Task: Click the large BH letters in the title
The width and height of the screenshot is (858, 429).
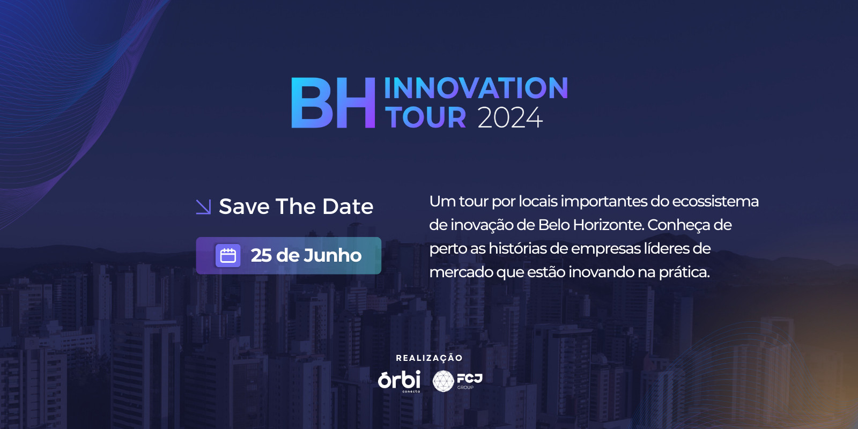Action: tap(333, 102)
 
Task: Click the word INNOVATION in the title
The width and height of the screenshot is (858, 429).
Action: tap(476, 88)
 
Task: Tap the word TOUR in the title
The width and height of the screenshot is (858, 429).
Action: tap(425, 117)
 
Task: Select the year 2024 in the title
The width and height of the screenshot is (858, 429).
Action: tap(510, 117)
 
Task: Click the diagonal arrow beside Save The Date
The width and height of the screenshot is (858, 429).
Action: tap(203, 207)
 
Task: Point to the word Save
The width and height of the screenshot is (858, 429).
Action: tap(244, 206)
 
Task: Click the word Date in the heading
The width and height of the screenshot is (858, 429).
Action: tap(348, 206)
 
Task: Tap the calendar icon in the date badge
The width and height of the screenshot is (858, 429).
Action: tap(228, 255)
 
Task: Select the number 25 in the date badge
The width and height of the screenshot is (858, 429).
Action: tap(261, 255)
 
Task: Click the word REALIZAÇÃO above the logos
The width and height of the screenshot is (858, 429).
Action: tap(429, 358)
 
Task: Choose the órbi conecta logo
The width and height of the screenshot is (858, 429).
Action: tap(399, 381)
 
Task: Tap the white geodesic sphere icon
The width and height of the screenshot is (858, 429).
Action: tap(443, 381)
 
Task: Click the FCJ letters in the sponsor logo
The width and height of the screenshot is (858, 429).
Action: tap(470, 379)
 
